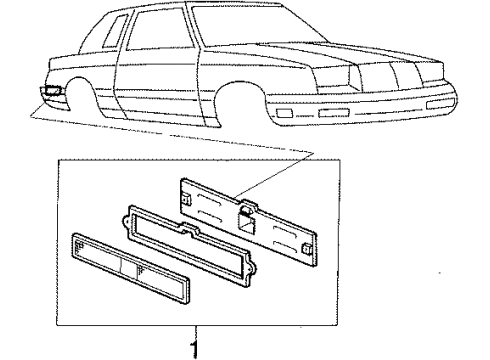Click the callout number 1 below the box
point(197,348)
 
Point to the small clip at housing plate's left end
point(187,199)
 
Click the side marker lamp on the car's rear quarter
point(51,93)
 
